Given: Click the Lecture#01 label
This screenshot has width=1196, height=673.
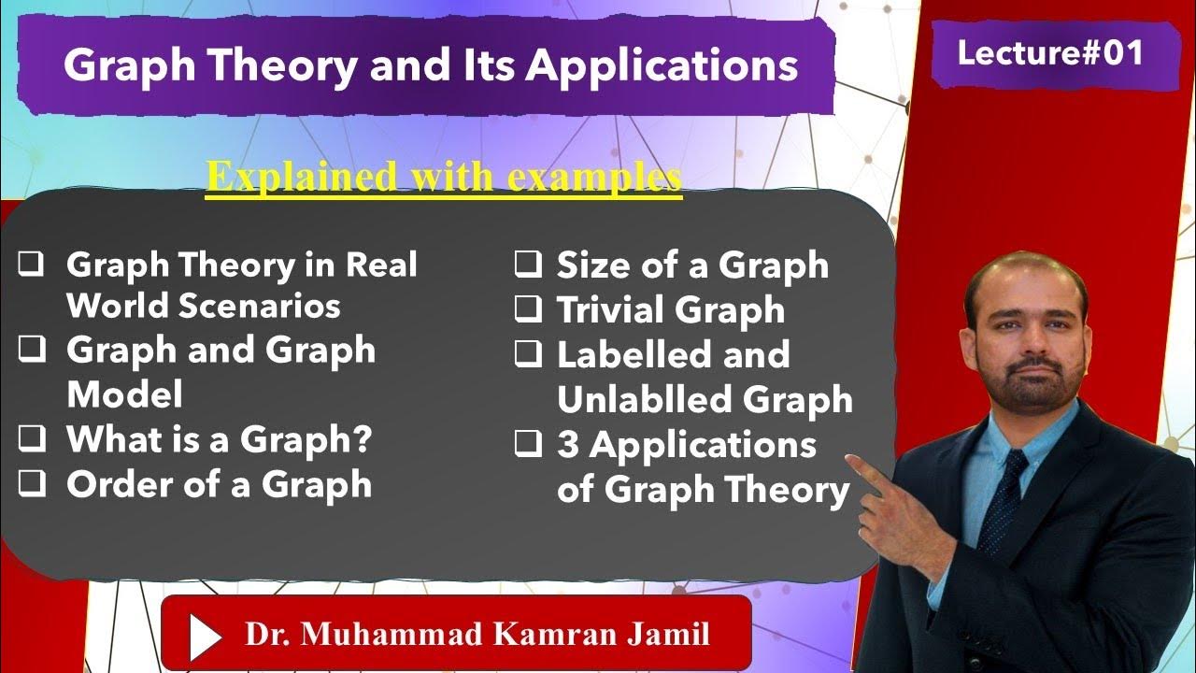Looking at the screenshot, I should tap(1050, 53).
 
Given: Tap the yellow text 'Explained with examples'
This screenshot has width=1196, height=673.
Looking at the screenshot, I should tap(444, 177).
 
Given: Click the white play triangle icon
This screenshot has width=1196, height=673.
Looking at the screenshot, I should tap(204, 635).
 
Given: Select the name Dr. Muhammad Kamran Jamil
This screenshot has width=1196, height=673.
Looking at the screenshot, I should tap(477, 635).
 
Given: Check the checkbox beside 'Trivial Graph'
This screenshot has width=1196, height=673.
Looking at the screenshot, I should tap(529, 308).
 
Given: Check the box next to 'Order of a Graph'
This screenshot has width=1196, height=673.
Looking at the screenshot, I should tap(33, 484).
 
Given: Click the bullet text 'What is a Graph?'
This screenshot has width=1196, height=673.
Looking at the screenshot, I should tap(219, 439).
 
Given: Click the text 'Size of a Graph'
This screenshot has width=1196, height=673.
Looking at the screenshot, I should tap(692, 265).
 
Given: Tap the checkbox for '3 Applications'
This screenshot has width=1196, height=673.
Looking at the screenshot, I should tap(529, 445).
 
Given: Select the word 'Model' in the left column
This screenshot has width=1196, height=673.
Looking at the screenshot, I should tap(124, 394).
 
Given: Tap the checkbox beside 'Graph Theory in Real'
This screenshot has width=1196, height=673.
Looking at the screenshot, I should tap(33, 265).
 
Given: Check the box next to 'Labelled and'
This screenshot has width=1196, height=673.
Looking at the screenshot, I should tap(529, 353).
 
